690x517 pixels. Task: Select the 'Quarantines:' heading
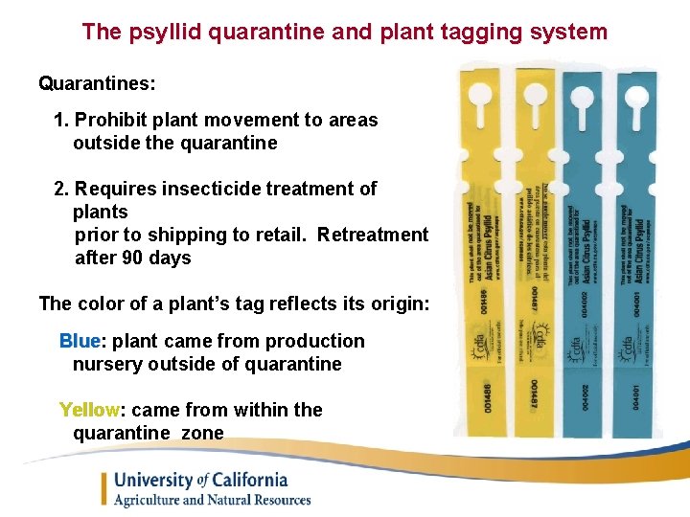(x=97, y=83)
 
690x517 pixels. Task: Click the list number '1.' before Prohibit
(x=62, y=120)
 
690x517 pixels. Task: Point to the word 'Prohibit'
(x=110, y=120)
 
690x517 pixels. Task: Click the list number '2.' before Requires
(x=62, y=189)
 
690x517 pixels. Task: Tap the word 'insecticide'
(x=212, y=189)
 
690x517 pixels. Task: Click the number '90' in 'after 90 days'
(x=131, y=258)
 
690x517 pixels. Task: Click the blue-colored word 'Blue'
(x=80, y=341)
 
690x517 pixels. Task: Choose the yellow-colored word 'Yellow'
(x=89, y=410)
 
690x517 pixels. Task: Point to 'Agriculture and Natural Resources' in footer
(x=213, y=500)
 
